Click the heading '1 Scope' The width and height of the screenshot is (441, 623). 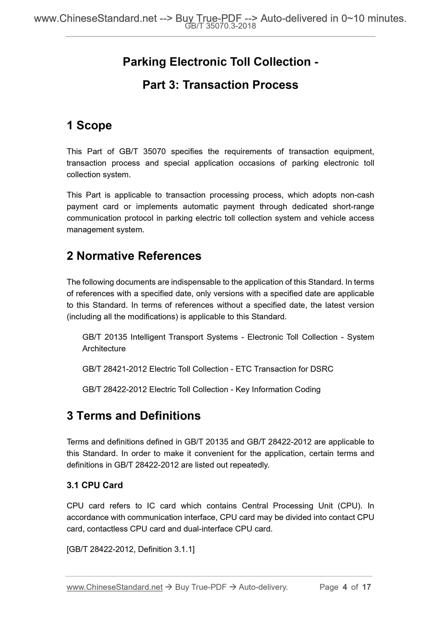point(89,126)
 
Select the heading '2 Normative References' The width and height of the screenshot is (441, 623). point(134,256)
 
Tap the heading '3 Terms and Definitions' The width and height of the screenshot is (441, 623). point(133,416)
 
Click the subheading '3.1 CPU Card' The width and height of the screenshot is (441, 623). point(95,485)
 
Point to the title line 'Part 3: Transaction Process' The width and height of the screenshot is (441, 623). point(220,85)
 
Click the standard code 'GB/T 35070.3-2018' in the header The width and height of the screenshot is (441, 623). point(220,27)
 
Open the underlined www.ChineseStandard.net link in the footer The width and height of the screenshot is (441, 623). point(114,587)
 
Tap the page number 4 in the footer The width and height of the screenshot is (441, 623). point(345,587)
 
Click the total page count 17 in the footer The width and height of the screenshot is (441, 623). point(366,587)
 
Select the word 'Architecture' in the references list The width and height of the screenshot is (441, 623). point(104,349)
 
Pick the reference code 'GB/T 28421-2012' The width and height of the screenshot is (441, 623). point(114,369)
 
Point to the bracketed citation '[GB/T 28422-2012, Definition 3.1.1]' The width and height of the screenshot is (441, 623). point(131,549)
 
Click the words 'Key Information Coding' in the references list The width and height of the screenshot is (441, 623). point(278,390)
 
